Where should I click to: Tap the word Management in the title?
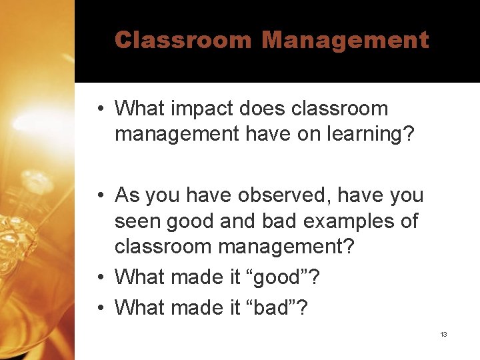(345, 40)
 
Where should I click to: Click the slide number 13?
(443, 334)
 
